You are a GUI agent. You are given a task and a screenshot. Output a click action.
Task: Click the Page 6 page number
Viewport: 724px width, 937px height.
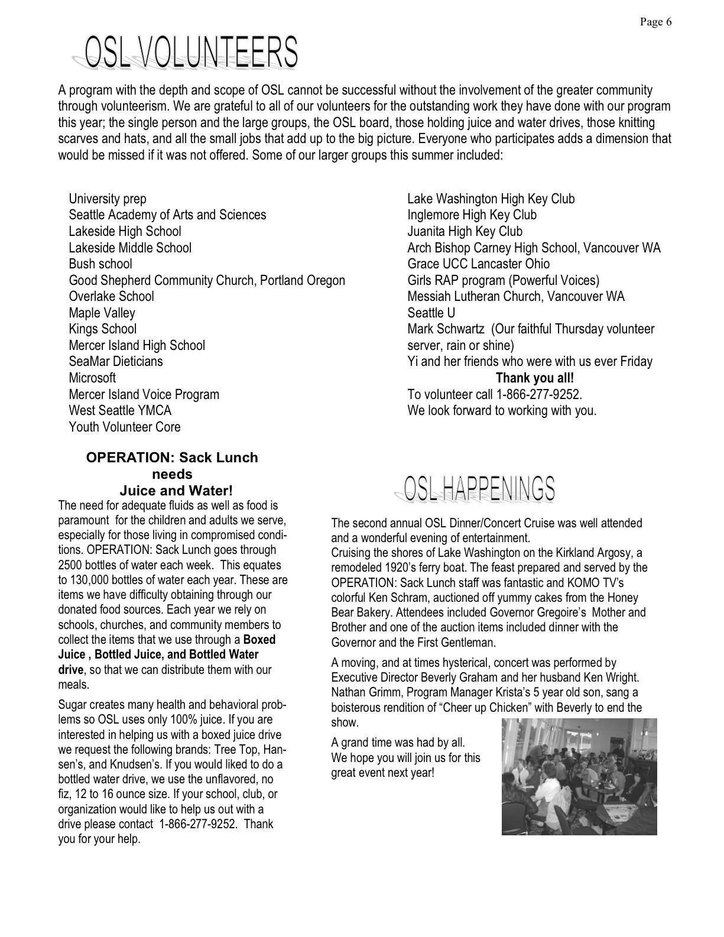[x=655, y=22]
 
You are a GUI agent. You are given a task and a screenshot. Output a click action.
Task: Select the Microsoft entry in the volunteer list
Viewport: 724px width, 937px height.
[x=92, y=378]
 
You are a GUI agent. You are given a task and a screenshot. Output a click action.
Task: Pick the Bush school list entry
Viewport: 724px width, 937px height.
[x=100, y=264]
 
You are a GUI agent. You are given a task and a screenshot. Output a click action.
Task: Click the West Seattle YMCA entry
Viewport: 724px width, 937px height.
[x=120, y=411]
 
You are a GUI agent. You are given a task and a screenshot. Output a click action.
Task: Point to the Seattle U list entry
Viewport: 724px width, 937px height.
[x=431, y=313]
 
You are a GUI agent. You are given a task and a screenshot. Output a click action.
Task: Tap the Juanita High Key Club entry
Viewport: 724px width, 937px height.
[x=465, y=232]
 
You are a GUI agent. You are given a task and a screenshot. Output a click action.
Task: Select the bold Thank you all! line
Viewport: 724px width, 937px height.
[x=534, y=378]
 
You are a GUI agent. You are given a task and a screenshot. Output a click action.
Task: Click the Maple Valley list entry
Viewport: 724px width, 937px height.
[x=102, y=313]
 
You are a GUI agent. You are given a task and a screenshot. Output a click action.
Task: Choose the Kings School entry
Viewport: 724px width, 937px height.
[x=102, y=329]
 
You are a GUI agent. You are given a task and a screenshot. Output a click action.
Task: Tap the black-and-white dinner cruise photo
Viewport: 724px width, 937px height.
[x=579, y=777]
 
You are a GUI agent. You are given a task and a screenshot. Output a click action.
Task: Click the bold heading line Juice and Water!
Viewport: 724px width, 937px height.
[x=176, y=491]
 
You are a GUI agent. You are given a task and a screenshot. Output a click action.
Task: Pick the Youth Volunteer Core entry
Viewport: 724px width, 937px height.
[x=125, y=427]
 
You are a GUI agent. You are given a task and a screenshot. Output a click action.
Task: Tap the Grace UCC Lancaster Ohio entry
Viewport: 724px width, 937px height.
[x=478, y=264]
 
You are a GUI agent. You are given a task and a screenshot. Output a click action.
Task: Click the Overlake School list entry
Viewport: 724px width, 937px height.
[x=111, y=297]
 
